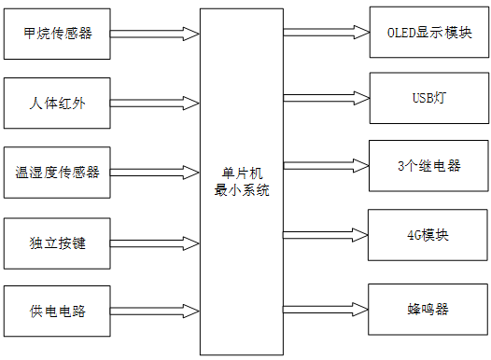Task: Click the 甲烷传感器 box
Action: point(58,34)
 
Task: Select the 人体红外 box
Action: point(58,103)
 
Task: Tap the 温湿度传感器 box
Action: point(58,172)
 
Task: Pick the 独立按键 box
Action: point(58,242)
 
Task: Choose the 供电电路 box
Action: point(58,311)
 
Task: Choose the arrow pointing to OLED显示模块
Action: point(326,33)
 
